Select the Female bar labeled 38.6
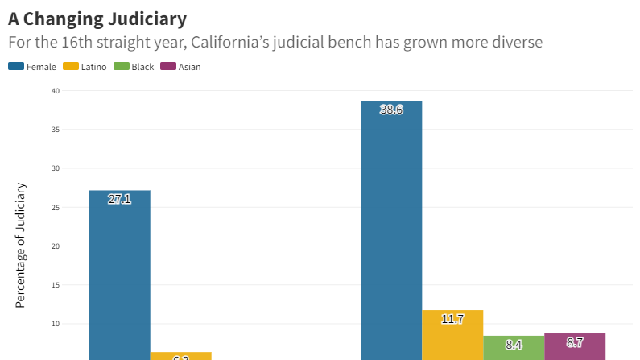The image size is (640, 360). [391, 234]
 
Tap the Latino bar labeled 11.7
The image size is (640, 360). [452, 338]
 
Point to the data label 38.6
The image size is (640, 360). [391, 110]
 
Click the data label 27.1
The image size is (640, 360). [119, 199]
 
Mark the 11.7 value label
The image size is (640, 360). [452, 319]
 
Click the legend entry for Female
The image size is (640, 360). [33, 67]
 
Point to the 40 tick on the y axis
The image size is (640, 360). [56, 91]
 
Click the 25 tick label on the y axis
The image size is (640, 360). [56, 208]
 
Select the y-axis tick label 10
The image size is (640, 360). [56, 324]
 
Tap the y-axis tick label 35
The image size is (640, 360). [56, 130]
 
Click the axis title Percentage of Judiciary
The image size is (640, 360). [21, 245]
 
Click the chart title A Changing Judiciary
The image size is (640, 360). [97, 18]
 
